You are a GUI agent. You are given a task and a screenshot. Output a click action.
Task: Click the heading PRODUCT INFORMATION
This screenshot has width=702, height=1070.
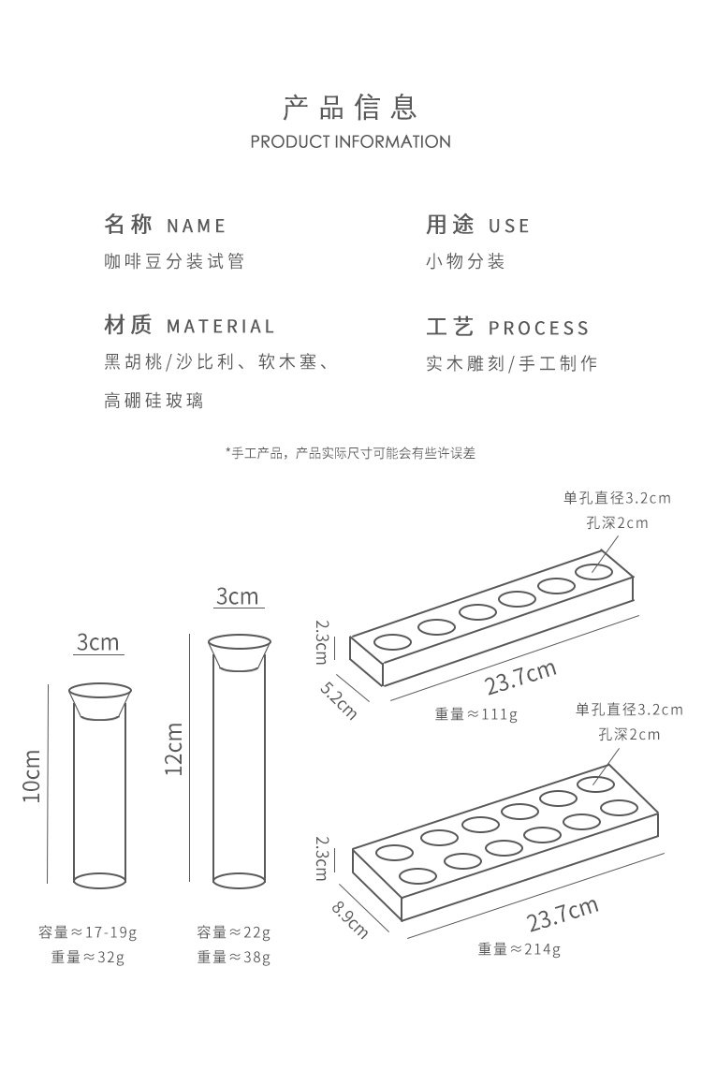coord(351,142)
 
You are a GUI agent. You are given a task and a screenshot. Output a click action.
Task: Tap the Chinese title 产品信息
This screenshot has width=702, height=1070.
coord(350,108)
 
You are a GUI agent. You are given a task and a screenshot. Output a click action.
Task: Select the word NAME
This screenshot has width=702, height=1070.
coord(197,226)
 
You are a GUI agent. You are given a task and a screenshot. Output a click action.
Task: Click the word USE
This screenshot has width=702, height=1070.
coord(509,226)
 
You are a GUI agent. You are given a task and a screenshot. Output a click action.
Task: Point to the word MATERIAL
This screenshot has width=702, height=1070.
coord(221,327)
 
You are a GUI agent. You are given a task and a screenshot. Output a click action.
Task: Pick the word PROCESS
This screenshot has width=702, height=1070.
coord(539,328)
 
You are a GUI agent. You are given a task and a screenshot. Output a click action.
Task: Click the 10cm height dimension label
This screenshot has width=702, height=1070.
coord(32,776)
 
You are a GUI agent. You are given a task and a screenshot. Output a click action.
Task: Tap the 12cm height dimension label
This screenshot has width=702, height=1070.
coord(174,748)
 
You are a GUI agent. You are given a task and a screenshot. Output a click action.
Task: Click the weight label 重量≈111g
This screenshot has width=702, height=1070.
coord(475,714)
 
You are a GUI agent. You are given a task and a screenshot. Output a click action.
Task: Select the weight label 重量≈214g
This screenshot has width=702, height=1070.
coord(519,949)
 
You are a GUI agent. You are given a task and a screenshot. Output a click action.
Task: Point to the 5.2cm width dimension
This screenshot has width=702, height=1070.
coord(338,696)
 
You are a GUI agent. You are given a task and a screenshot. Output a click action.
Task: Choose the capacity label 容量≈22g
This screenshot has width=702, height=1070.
coord(234,932)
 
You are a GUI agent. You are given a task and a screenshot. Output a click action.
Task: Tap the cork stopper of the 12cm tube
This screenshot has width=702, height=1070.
coord(239,652)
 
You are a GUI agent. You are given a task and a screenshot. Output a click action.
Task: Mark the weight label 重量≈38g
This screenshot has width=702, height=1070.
coord(234,957)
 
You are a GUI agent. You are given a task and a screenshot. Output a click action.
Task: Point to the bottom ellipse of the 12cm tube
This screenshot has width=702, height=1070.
coord(239,879)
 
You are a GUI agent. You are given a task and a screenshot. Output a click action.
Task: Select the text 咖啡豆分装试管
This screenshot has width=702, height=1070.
coord(174,262)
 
